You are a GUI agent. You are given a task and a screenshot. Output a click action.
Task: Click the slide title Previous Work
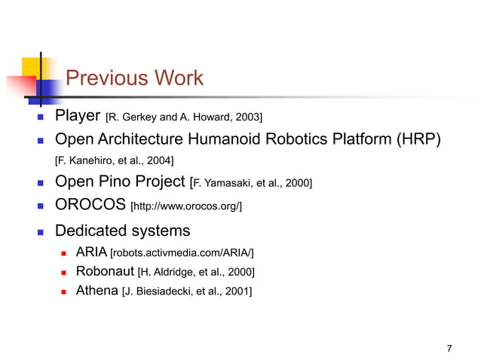134,78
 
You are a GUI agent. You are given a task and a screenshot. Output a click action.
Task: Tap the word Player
78,117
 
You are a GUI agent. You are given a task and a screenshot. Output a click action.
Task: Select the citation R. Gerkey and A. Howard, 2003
184,117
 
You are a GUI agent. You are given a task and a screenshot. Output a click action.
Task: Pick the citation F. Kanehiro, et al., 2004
115,160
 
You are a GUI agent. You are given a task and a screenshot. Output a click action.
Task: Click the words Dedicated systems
123,230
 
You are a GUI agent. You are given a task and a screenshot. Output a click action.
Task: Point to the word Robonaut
104,271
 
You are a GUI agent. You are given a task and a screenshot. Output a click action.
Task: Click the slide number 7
449,348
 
